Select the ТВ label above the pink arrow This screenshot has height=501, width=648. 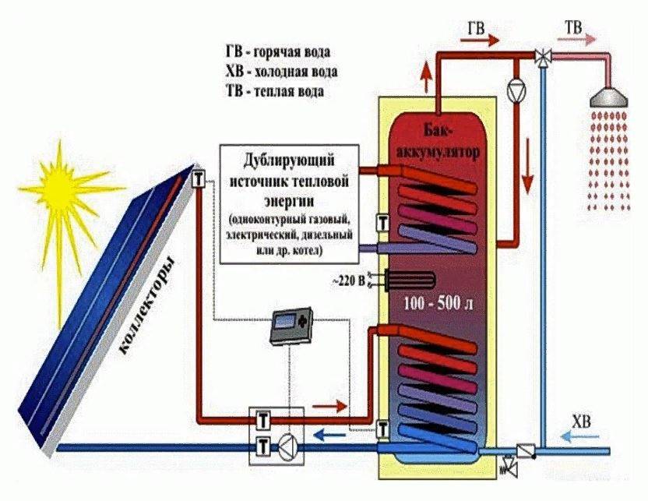click(x=572, y=30)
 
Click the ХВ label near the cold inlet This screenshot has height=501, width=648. click(x=581, y=422)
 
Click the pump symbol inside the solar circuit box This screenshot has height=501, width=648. click(x=287, y=446)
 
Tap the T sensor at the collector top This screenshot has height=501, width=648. click(x=199, y=178)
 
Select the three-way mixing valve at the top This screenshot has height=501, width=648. click(x=542, y=56)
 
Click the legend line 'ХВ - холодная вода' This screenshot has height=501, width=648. click(x=280, y=72)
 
